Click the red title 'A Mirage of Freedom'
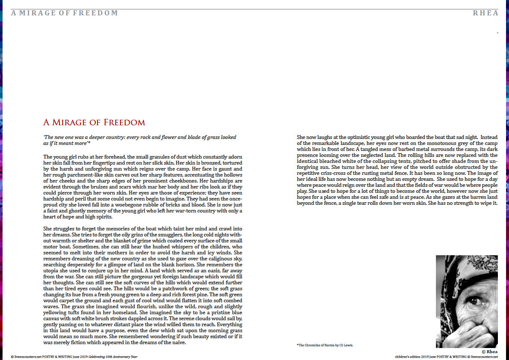94,123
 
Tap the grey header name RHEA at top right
485,13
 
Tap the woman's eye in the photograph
473,301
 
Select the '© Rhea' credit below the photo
490,351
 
